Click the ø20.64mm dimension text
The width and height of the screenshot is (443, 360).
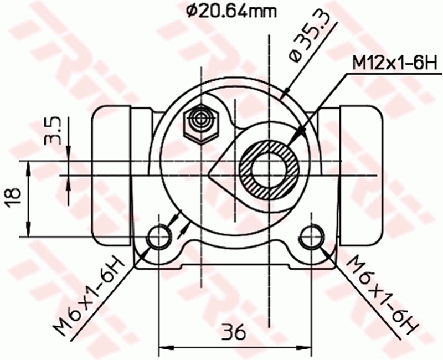[x=231, y=12]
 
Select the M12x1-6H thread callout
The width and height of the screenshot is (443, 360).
[x=395, y=64]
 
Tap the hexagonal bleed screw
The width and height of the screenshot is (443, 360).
[x=201, y=124]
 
